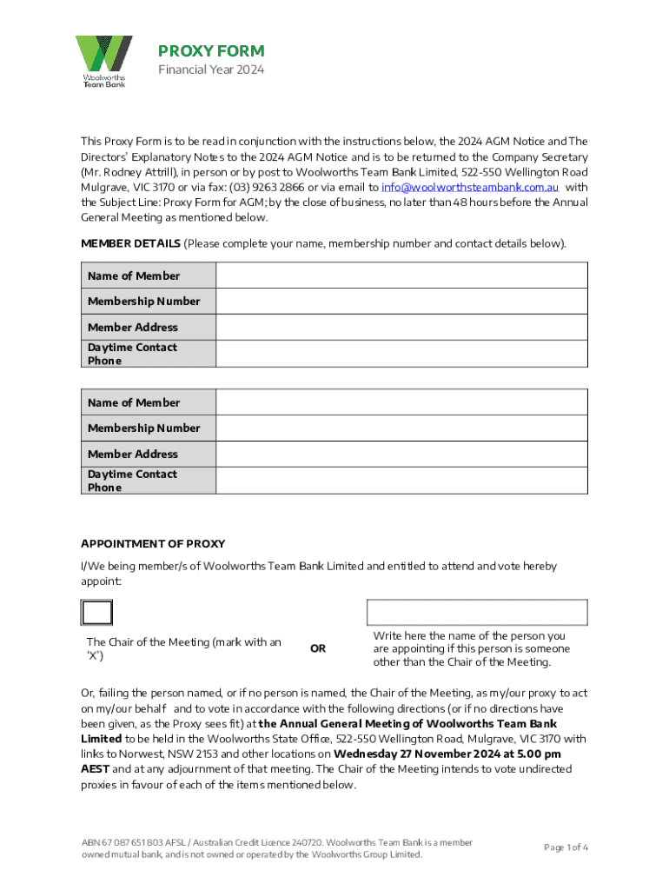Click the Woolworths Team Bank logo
click(x=103, y=61)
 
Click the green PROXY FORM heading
click(x=211, y=51)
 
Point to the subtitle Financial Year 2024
click(x=210, y=70)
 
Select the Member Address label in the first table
click(x=132, y=327)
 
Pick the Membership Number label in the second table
click(x=143, y=428)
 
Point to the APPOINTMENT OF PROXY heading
click(x=153, y=543)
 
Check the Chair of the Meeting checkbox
click(x=96, y=613)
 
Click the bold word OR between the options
click(x=318, y=648)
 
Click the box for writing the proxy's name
click(x=477, y=612)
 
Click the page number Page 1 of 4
click(x=566, y=847)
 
